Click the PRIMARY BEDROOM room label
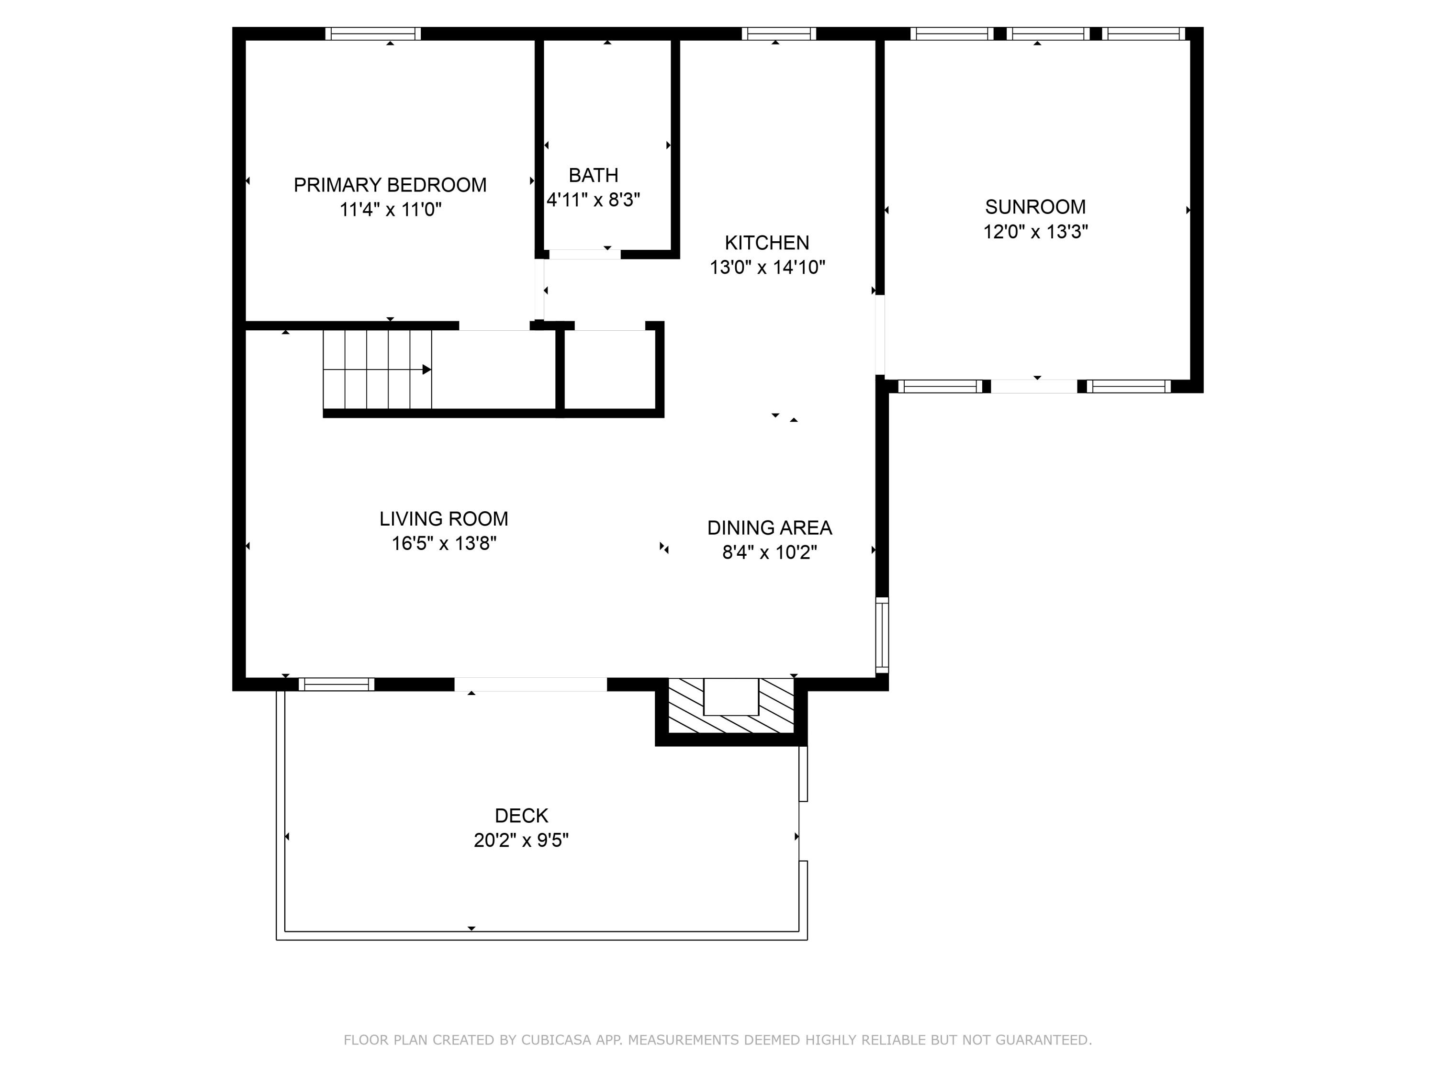pyautogui.click(x=390, y=185)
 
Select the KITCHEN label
pyautogui.click(x=767, y=243)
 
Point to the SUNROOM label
pyautogui.click(x=1035, y=207)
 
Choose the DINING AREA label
pyautogui.click(x=769, y=528)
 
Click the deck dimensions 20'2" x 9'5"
pyautogui.click(x=521, y=840)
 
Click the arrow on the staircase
pyautogui.click(x=426, y=370)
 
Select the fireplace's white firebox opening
pyautogui.click(x=731, y=696)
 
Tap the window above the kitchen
pyautogui.click(x=778, y=34)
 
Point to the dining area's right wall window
pyautogui.click(x=882, y=635)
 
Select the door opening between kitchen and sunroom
pyautogui.click(x=880, y=335)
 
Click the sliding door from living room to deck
pyautogui.click(x=530, y=684)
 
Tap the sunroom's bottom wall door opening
pyautogui.click(x=1033, y=386)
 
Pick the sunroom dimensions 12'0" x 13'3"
pyautogui.click(x=1035, y=232)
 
